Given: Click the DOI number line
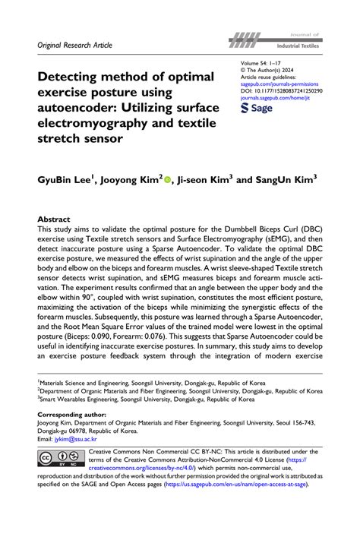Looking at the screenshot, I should pyautogui.click(x=279, y=89).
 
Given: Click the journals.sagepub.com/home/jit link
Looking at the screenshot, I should pyautogui.click(x=274, y=96).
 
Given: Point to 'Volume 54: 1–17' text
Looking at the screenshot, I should pyautogui.click(x=263, y=60).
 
